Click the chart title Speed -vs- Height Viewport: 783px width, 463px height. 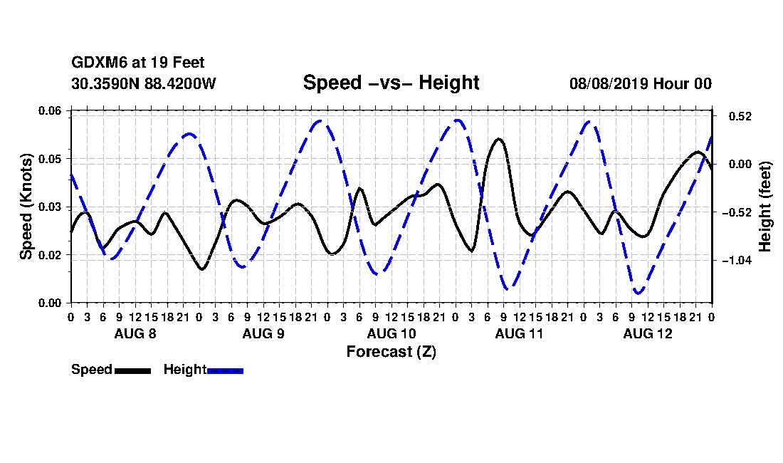(391, 83)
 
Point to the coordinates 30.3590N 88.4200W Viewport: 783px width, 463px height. (144, 83)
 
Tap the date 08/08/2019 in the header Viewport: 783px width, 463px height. (609, 83)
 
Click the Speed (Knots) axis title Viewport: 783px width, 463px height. (26, 207)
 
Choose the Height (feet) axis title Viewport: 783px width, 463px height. (764, 207)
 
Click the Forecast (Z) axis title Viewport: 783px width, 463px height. (391, 352)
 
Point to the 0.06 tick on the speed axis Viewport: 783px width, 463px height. (50, 111)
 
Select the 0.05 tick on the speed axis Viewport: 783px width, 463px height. (50, 159)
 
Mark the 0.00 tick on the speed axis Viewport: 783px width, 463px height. (50, 303)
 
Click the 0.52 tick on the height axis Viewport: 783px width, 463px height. (740, 116)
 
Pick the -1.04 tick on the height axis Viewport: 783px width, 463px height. (737, 260)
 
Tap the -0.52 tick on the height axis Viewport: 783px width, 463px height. (737, 212)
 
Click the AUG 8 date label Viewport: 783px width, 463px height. (135, 333)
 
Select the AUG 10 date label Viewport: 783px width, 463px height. (391, 333)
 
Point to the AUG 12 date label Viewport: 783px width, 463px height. (648, 333)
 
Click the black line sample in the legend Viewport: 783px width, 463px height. (133, 370)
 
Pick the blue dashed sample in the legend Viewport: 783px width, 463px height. (225, 370)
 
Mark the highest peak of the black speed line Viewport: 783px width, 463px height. (498, 139)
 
